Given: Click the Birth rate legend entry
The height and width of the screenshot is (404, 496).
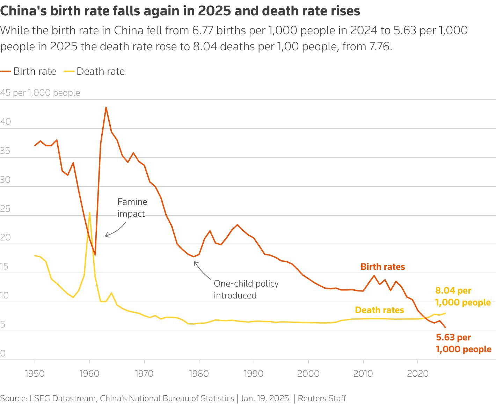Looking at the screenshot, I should pos(29,72).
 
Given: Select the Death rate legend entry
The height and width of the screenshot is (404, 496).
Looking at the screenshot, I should pos(94,72).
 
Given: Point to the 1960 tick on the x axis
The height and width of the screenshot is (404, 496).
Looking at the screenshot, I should pos(89,373).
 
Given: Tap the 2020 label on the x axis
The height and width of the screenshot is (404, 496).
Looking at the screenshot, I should pos(418,373).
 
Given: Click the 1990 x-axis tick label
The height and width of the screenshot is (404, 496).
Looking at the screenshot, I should pos(254,373).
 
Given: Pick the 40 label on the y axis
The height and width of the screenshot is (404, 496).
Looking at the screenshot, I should pos(6,122).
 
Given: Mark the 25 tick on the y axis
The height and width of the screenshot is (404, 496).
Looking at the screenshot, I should pos(6,209).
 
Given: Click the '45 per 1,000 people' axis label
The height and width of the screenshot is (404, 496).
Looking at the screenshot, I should pos(40,93).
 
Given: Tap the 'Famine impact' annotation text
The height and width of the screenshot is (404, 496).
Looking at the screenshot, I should pos(132,208).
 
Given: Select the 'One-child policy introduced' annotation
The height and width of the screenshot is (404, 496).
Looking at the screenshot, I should pos(246,289).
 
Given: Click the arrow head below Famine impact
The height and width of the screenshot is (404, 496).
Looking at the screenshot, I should pos(106,236).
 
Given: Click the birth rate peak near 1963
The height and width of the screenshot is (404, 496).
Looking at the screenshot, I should pos(106,108).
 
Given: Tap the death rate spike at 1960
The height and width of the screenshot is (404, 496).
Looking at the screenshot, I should pos(89,212).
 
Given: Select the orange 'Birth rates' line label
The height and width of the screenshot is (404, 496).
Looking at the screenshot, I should pos(382,267).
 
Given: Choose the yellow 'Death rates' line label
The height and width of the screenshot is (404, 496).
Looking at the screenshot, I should pos(379,310).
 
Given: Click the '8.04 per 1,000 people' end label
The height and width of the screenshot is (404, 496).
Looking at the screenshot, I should pos(462,296).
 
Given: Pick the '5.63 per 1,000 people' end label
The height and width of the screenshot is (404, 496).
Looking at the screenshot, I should pos(463,343).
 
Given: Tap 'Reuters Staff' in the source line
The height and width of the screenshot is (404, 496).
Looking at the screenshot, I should pos(322,398).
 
